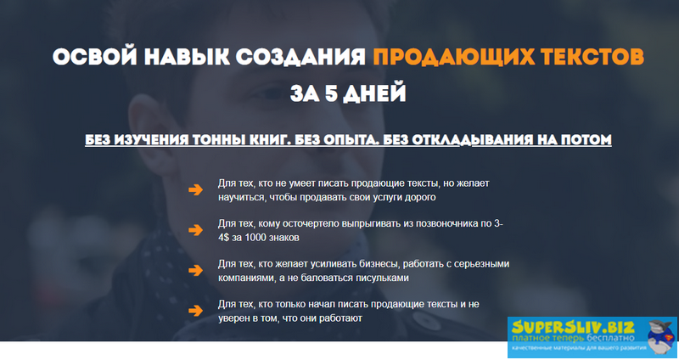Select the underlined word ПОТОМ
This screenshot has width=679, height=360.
click(585, 140)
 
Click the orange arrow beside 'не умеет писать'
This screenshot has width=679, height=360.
click(195, 190)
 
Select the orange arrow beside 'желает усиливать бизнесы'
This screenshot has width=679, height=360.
click(195, 271)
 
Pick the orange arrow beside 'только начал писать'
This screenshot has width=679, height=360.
click(195, 311)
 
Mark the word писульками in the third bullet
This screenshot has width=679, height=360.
click(382, 278)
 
